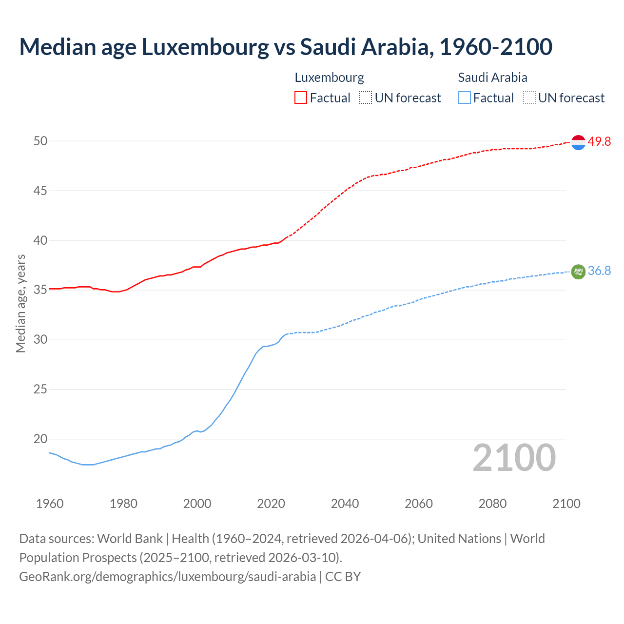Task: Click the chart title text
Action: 286,47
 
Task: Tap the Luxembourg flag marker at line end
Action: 578,142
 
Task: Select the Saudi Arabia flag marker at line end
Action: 578,272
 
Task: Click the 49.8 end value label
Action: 599,142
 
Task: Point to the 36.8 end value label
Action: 599,271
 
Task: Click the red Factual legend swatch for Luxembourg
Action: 301,98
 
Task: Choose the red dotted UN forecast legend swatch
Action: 366,98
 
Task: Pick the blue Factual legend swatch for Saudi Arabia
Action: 465,98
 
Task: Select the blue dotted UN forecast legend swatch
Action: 529,98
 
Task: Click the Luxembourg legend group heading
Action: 329,78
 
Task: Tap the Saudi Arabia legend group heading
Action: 492,78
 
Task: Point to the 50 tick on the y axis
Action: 40,141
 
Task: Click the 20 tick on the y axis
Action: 40,439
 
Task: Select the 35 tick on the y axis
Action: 40,290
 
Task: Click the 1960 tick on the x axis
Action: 50,504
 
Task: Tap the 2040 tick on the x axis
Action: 345,504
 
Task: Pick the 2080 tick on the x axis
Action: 492,504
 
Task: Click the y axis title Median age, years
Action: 20,303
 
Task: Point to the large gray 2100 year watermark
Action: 514,458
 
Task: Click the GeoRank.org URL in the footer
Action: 167,577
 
